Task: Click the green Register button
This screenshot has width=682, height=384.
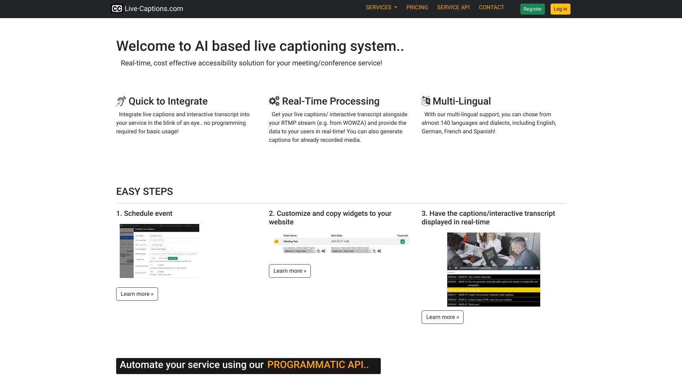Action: point(532,9)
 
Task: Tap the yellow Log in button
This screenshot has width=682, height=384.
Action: point(560,9)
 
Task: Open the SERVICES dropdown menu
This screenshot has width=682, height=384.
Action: point(381,7)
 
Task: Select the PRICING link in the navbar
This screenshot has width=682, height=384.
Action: point(417,7)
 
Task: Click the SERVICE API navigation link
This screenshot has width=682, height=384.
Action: point(453,7)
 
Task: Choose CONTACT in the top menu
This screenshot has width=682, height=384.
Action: point(491,7)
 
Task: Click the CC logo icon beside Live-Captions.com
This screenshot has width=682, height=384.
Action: point(117,9)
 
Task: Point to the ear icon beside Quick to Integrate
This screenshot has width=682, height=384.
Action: point(121,101)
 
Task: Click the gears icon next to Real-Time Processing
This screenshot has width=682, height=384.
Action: point(274,101)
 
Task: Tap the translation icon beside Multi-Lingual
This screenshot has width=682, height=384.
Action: point(426,101)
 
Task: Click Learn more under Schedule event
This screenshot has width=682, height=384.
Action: point(137,294)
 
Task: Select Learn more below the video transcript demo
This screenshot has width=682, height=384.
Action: point(442,317)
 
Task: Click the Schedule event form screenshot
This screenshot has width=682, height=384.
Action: point(159,251)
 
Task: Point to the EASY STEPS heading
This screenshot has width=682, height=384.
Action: point(145,192)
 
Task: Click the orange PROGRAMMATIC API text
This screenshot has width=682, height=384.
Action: point(318,365)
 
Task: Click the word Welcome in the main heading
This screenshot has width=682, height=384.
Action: point(146,46)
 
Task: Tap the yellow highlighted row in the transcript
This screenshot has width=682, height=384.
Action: point(493,290)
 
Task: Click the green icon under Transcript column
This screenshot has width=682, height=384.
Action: point(402,242)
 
